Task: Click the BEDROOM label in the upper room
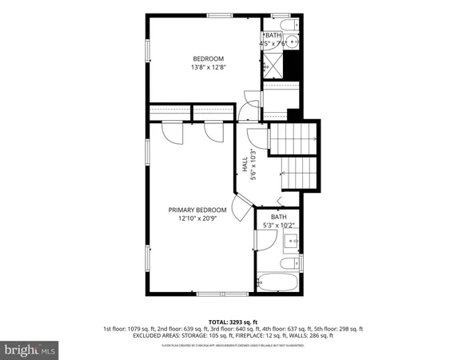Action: pos(209,58)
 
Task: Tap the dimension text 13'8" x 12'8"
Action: pos(209,68)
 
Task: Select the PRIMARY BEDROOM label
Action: pos(197,210)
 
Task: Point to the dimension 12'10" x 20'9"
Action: pos(197,218)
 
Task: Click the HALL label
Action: pos(245,165)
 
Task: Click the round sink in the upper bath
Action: pos(292,42)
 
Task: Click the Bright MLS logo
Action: pos(30,350)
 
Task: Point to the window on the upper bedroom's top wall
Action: pos(217,15)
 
